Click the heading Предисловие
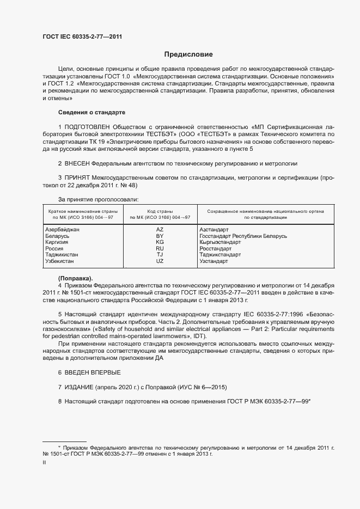pyautogui.click(x=189, y=54)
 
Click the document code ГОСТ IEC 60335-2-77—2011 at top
pyautogui.click(x=82, y=36)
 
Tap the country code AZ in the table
pyautogui.click(x=160, y=230)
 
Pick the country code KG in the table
pyautogui.click(x=160, y=242)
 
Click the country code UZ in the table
pyautogui.click(x=160, y=261)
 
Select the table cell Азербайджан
pyautogui.click(x=62, y=230)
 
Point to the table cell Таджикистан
pyautogui.click(x=62, y=255)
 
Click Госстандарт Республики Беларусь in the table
pyautogui.click(x=243, y=236)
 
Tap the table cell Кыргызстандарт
pyautogui.click(x=220, y=242)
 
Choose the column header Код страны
pyautogui.click(x=160, y=211)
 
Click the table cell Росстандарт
pyautogui.click(x=215, y=249)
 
